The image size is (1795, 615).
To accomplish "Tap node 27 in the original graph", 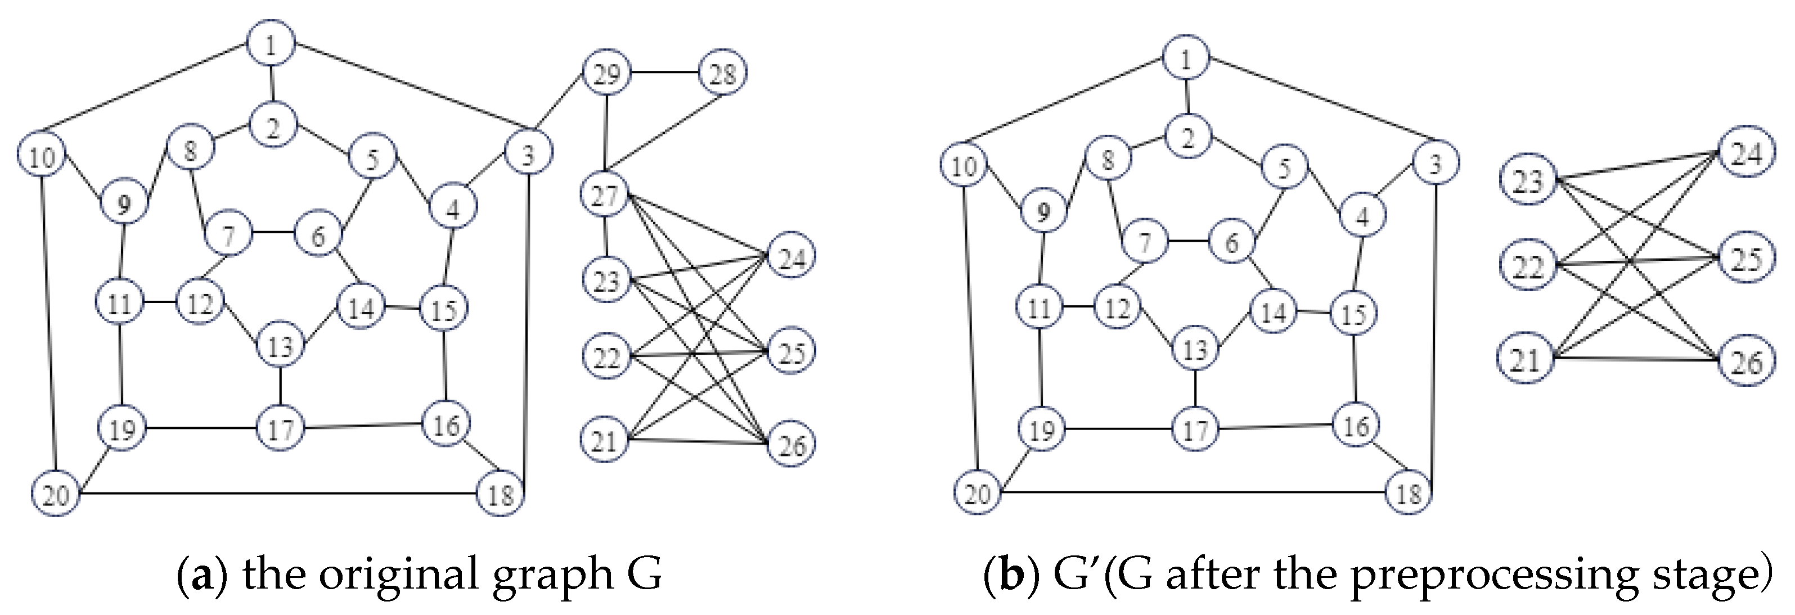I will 605,196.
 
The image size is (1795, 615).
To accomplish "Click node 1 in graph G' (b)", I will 1185,58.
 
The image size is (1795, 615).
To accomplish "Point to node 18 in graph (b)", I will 1408,493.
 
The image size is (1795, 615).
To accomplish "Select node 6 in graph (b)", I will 1231,242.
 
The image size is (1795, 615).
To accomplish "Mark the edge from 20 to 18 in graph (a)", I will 278,494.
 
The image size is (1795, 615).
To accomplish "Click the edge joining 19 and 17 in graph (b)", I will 1118,429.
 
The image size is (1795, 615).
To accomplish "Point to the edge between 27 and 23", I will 605,238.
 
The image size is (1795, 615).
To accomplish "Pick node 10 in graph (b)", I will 963,166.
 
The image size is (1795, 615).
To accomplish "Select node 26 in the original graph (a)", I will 791,444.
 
